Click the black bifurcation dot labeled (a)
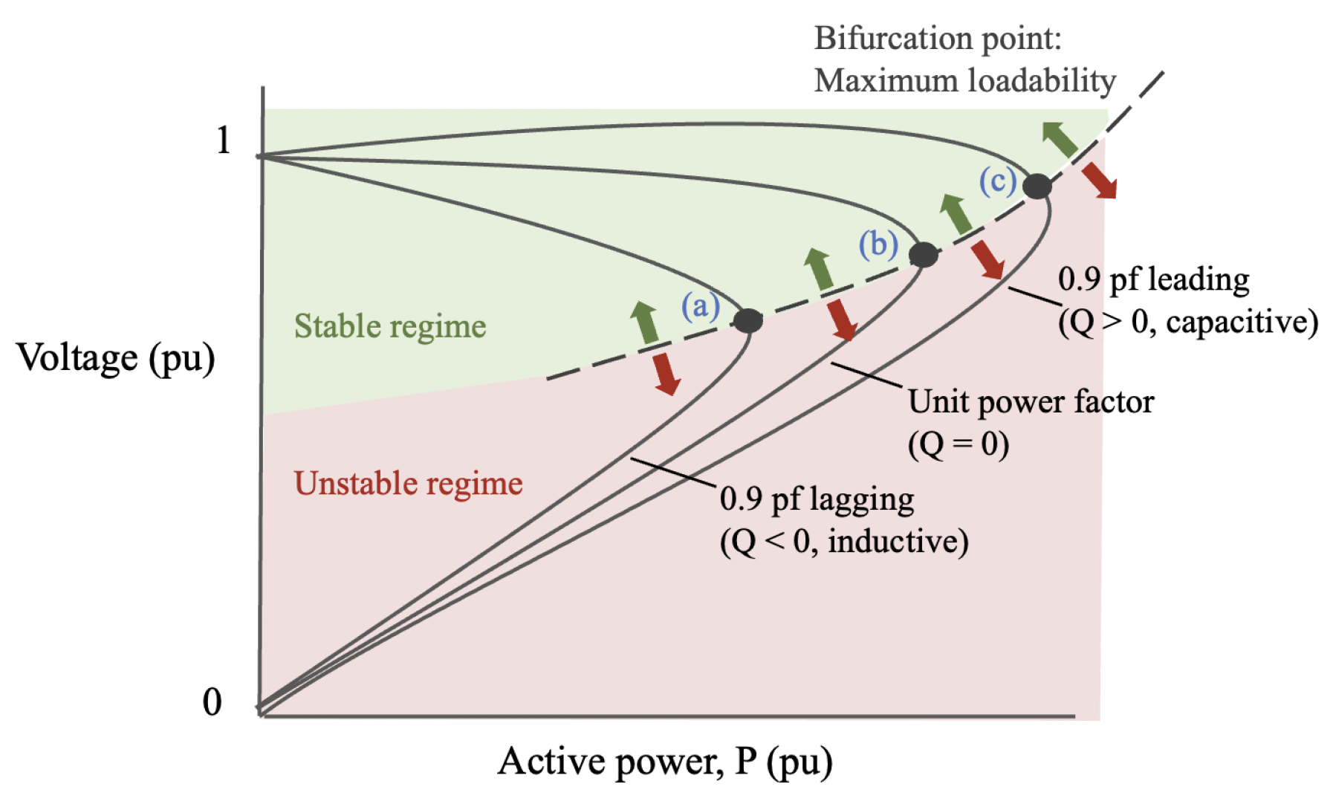(747, 320)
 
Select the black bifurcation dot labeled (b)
(924, 254)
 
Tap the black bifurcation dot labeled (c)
(1037, 186)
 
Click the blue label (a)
(701, 305)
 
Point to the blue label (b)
(878, 244)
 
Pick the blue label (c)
(997, 181)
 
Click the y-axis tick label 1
(223, 140)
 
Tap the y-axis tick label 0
(213, 701)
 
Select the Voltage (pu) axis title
(116, 357)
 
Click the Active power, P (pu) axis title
(665, 762)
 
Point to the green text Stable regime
(390, 326)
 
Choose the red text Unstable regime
(408, 484)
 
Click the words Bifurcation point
(938, 38)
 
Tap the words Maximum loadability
(964, 80)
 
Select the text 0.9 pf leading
(1153, 280)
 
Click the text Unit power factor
(1031, 402)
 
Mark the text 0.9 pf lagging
(817, 499)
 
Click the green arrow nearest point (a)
(645, 322)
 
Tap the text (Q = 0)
(958, 444)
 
